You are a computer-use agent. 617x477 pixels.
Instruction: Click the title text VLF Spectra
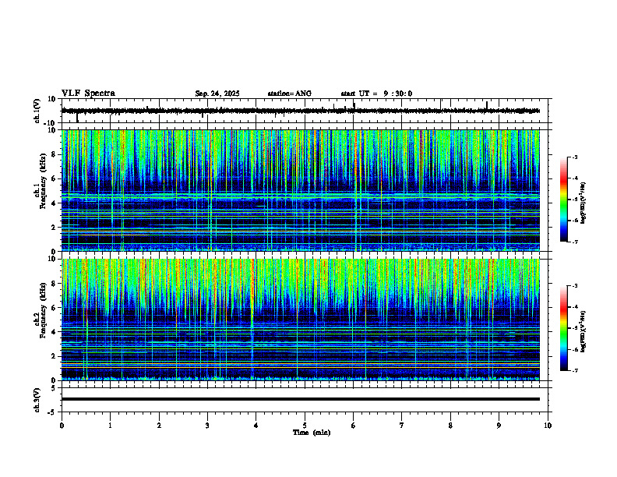[x=88, y=93]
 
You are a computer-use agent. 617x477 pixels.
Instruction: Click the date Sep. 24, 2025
[x=217, y=94]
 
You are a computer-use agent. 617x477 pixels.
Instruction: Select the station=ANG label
[x=289, y=94]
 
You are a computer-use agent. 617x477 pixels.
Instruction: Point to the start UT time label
[x=376, y=94]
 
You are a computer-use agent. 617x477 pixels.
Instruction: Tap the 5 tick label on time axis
[x=305, y=425]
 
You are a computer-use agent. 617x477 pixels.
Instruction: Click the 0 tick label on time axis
[x=62, y=425]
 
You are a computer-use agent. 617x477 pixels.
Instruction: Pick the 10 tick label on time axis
[x=548, y=425]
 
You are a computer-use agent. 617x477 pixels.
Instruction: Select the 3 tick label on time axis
[x=207, y=425]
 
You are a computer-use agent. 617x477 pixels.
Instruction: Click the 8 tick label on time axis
[x=450, y=425]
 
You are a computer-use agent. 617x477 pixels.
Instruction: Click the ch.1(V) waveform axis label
[x=37, y=111]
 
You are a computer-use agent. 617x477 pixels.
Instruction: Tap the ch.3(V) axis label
[x=37, y=399]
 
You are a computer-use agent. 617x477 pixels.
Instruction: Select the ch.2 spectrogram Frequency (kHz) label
[x=37, y=319]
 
